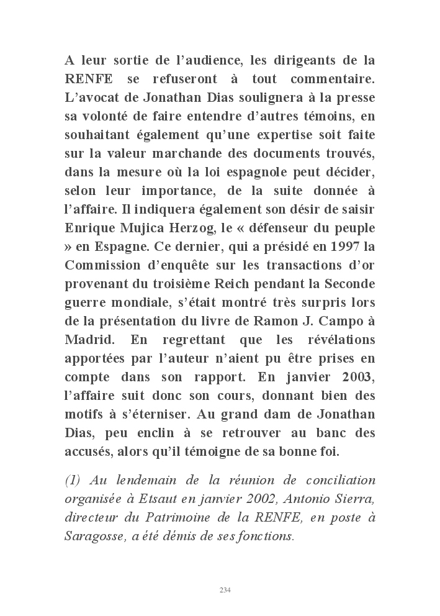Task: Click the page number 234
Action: (x=225, y=589)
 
